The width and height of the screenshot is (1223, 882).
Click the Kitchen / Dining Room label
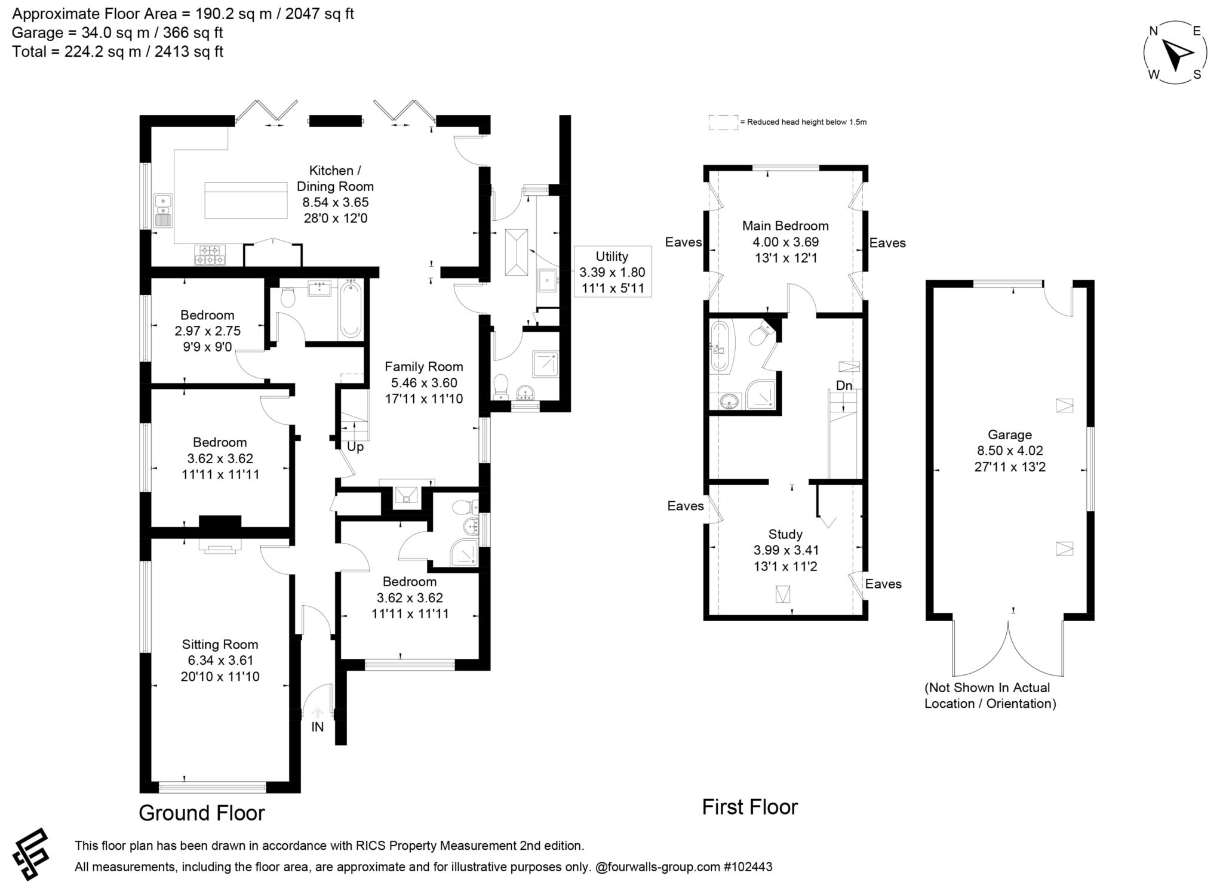(334, 178)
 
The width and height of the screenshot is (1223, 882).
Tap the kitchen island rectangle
(246, 201)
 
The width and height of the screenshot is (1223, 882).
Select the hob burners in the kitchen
(209, 255)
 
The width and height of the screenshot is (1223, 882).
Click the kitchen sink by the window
(162, 210)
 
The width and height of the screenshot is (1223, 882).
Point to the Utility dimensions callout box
(612, 272)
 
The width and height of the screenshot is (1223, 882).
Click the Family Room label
(423, 367)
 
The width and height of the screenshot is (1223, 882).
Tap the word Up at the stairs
(355, 447)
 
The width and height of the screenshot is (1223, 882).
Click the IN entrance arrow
(318, 713)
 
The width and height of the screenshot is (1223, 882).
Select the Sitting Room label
(220, 644)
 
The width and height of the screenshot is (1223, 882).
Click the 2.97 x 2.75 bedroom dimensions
(207, 331)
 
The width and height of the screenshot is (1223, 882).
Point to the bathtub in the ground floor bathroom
(351, 310)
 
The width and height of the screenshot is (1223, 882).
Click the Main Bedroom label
(785, 226)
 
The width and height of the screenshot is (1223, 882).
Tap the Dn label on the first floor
(844, 386)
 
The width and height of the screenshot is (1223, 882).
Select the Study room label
(785, 534)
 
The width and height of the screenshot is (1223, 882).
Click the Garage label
(1009, 435)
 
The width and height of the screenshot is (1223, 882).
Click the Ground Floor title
(202, 813)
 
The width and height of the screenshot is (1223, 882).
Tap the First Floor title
(749, 807)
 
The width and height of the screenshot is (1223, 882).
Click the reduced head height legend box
(723, 122)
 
